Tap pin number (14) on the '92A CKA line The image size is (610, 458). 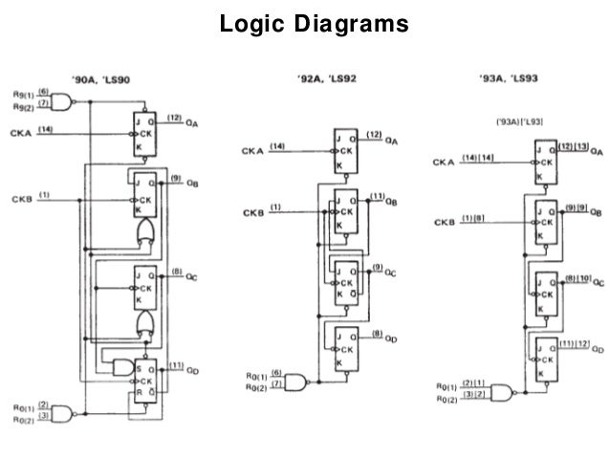click(x=277, y=146)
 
